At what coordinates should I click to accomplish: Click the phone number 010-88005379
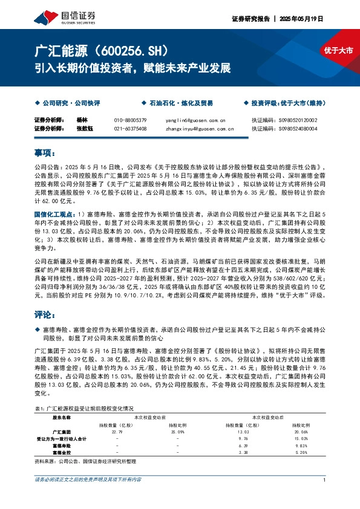[x=130, y=120]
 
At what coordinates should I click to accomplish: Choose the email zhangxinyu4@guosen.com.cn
[x=200, y=128]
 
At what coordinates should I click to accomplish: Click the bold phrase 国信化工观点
[x=54, y=214]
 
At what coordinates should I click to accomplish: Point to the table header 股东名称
[x=62, y=417]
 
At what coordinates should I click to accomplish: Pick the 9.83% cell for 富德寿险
[x=301, y=446]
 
